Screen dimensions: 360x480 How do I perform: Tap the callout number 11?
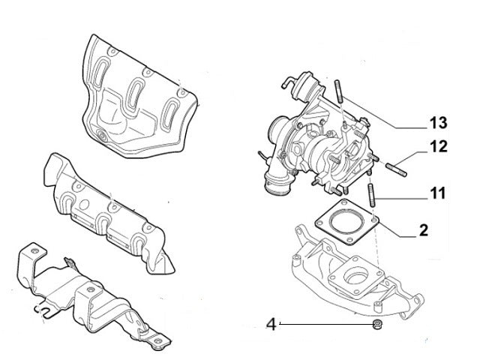[x=438, y=193]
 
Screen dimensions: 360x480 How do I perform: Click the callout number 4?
[x=272, y=325]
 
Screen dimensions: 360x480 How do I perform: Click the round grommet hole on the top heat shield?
[x=100, y=137]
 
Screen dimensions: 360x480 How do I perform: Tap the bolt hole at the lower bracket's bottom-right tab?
[x=158, y=346]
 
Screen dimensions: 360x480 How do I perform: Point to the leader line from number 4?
[x=322, y=325]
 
